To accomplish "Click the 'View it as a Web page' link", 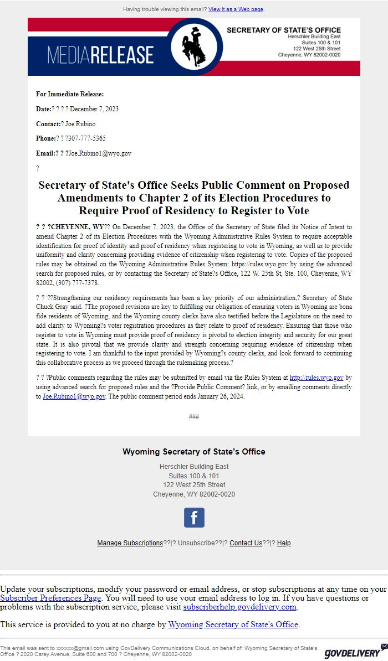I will [x=236, y=9].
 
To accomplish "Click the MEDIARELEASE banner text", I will [x=100, y=55].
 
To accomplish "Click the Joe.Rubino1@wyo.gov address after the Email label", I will [x=100, y=153].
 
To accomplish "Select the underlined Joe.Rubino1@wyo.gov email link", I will [x=74, y=397].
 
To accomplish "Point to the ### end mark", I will [x=193, y=417].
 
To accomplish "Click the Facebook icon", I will [x=194, y=518].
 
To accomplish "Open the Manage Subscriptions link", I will [x=130, y=543].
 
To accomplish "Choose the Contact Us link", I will [x=246, y=543].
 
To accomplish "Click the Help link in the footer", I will [x=284, y=543].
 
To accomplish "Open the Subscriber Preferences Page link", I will [x=50, y=598].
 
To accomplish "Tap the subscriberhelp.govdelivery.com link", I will [x=240, y=607].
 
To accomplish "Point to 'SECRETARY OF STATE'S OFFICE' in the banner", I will [x=284, y=30].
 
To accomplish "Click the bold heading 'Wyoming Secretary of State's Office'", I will [x=194, y=452].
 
